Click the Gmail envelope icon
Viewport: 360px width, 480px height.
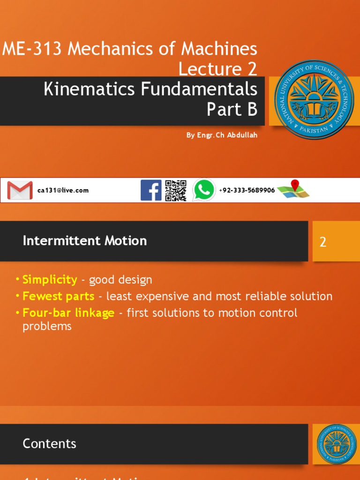pyautogui.click(x=20, y=190)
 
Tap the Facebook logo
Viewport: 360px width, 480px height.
pyautogui.click(x=151, y=190)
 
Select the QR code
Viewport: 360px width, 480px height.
pyautogui.click(x=176, y=190)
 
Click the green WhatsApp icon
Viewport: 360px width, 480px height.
pyautogui.click(x=204, y=190)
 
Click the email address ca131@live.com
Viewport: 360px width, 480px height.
pyautogui.click(x=63, y=191)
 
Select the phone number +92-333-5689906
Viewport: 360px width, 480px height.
pyautogui.click(x=247, y=190)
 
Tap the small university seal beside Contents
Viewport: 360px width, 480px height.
pyautogui.click(x=333, y=444)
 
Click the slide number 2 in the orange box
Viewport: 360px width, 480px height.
pyautogui.click(x=323, y=242)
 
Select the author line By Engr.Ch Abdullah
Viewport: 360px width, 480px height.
pyautogui.click(x=222, y=135)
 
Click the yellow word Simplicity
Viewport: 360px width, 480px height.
pyautogui.click(x=50, y=280)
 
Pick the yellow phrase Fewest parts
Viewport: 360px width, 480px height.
pyautogui.click(x=59, y=296)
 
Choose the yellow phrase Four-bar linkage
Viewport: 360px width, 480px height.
pyautogui.click(x=68, y=313)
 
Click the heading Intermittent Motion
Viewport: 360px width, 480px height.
pyautogui.click(x=85, y=241)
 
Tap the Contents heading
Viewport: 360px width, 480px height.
pyautogui.click(x=49, y=443)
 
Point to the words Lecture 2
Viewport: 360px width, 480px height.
pyautogui.click(x=218, y=69)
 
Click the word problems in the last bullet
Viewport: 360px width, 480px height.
pyautogui.click(x=47, y=327)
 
